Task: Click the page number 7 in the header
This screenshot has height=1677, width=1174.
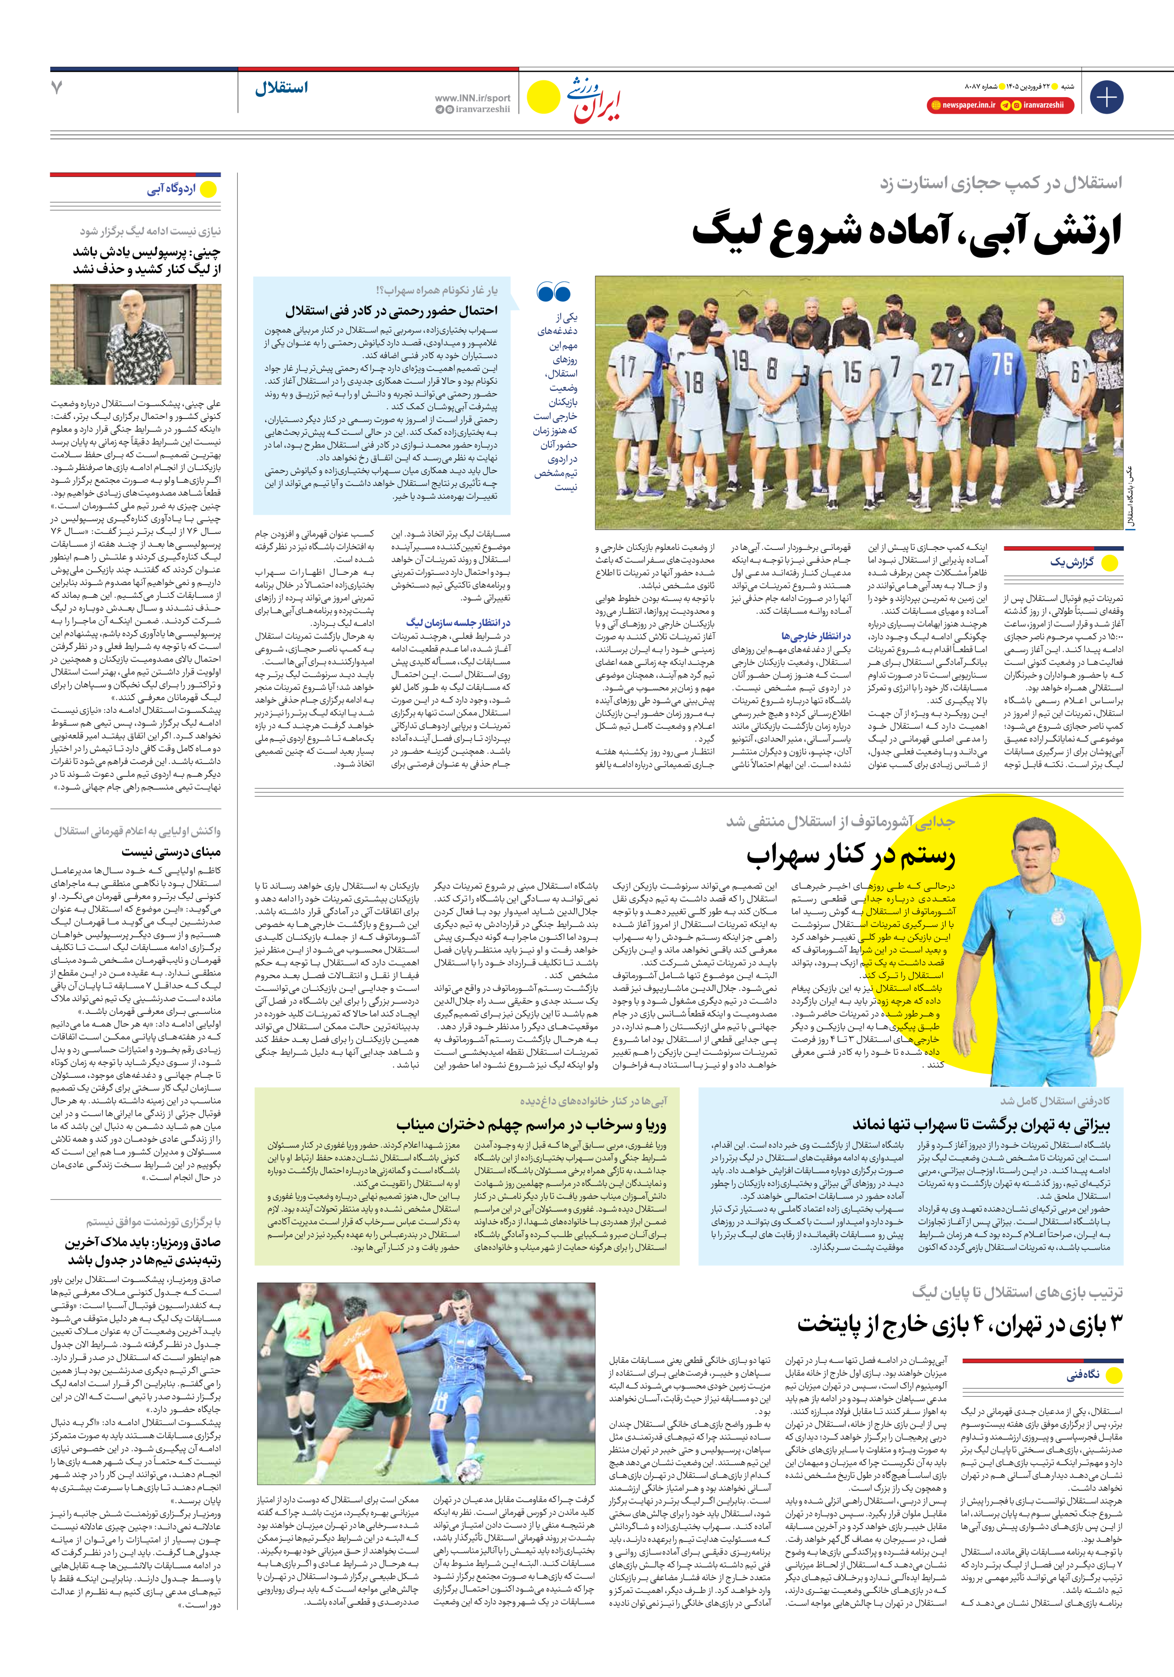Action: pyautogui.click(x=57, y=88)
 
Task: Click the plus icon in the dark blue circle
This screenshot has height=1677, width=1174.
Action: pyautogui.click(x=1106, y=97)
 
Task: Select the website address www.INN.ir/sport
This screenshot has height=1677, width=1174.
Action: pyautogui.click(x=472, y=98)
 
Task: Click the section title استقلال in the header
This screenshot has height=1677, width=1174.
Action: pyautogui.click(x=281, y=88)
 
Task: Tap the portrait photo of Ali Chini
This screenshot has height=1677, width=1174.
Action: pyautogui.click(x=136, y=334)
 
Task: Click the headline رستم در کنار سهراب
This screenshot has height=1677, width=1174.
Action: pyautogui.click(x=850, y=855)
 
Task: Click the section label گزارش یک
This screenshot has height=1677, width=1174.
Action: pyautogui.click(x=1072, y=563)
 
